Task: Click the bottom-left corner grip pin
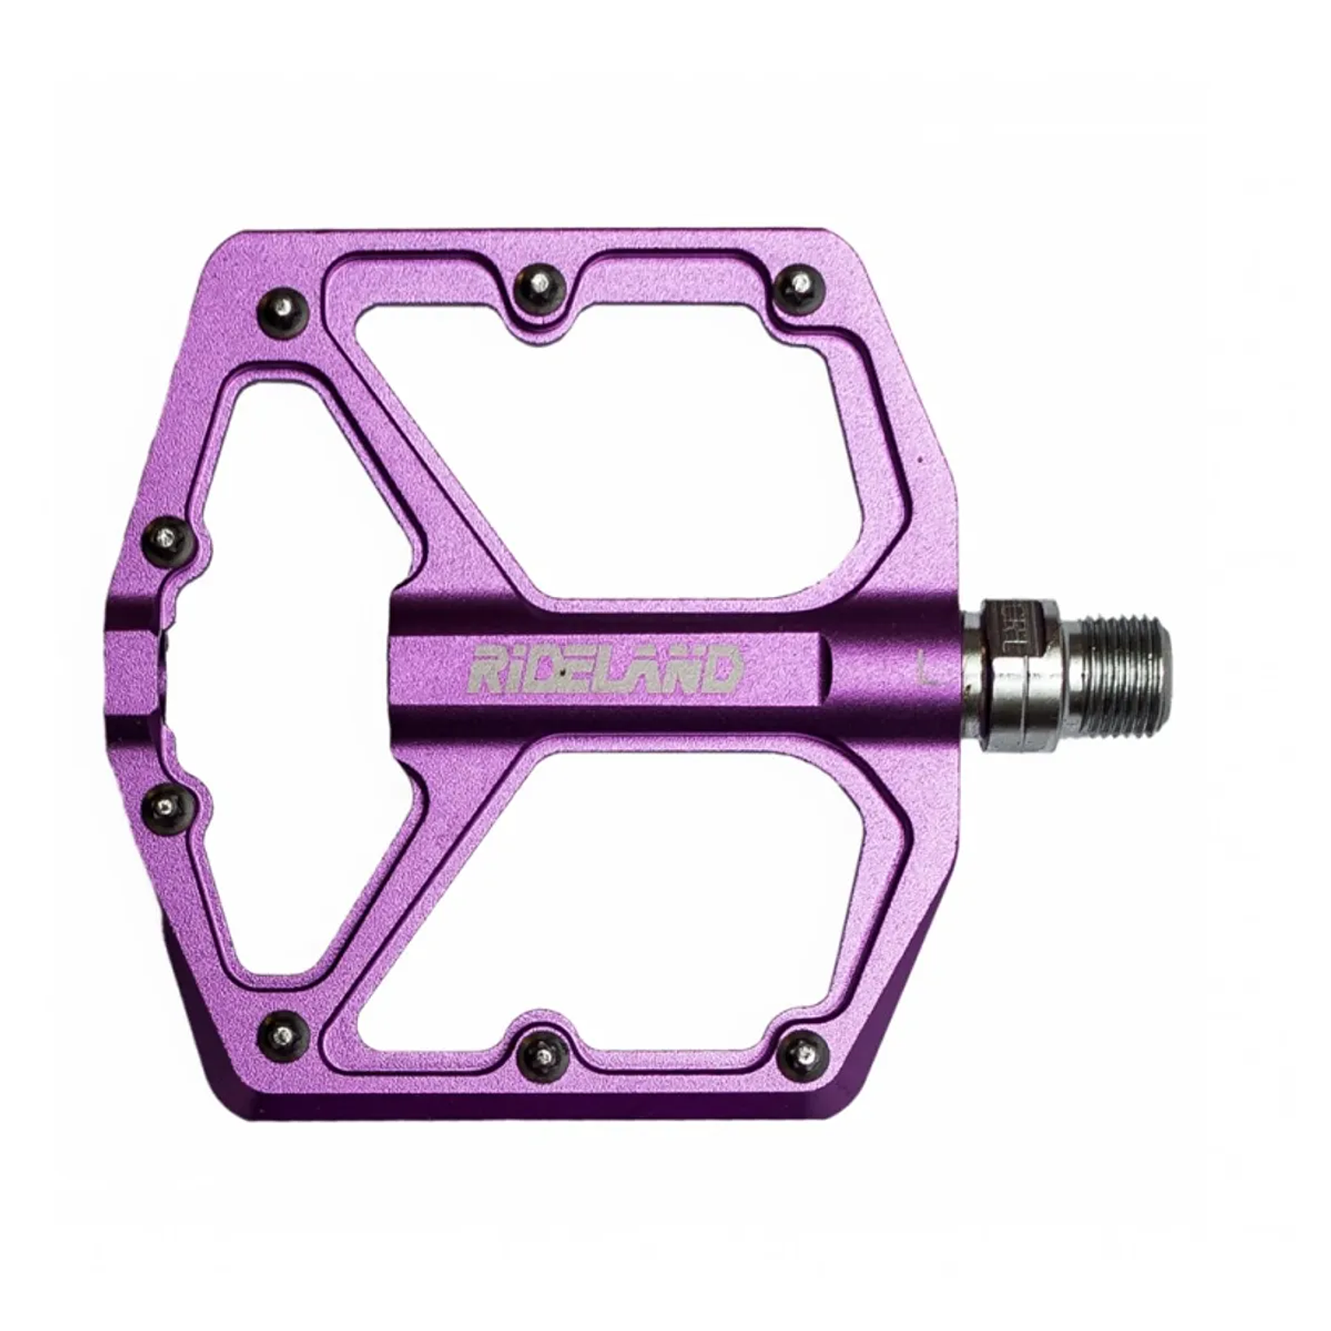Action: (284, 1033)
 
